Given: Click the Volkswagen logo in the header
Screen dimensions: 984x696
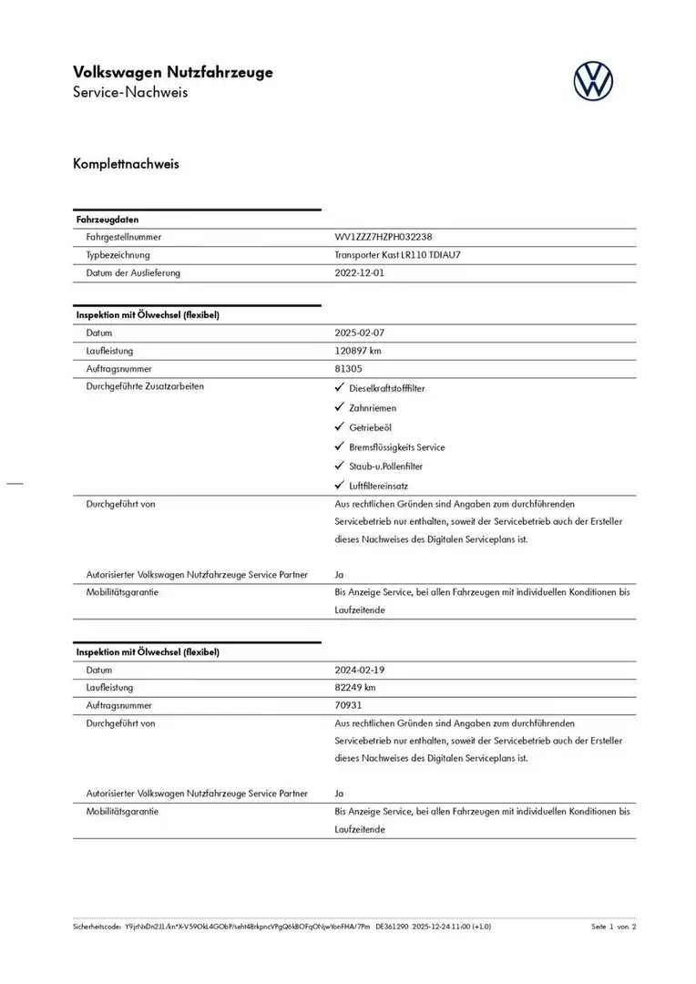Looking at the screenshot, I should point(593,81).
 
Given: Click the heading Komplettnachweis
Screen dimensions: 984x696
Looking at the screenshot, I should point(126,165).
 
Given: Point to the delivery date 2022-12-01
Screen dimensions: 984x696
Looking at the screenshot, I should point(360,272).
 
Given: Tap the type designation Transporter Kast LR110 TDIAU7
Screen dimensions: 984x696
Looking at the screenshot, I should point(398,255).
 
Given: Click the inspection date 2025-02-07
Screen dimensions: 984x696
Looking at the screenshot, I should point(360,333).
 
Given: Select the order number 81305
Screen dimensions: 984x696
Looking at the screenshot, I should point(349,369).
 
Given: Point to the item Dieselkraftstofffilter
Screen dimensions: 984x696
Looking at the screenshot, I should point(387,388).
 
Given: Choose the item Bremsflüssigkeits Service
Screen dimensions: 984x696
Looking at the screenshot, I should point(396,447).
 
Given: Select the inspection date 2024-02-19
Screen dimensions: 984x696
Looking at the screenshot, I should point(360,670).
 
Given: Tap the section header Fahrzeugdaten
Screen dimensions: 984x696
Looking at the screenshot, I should point(107,220).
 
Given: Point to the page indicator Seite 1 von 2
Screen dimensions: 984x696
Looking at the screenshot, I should point(614,926).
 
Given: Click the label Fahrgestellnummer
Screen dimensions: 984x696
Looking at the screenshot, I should point(124,237).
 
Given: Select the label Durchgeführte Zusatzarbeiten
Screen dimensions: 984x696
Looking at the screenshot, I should point(145,386).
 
